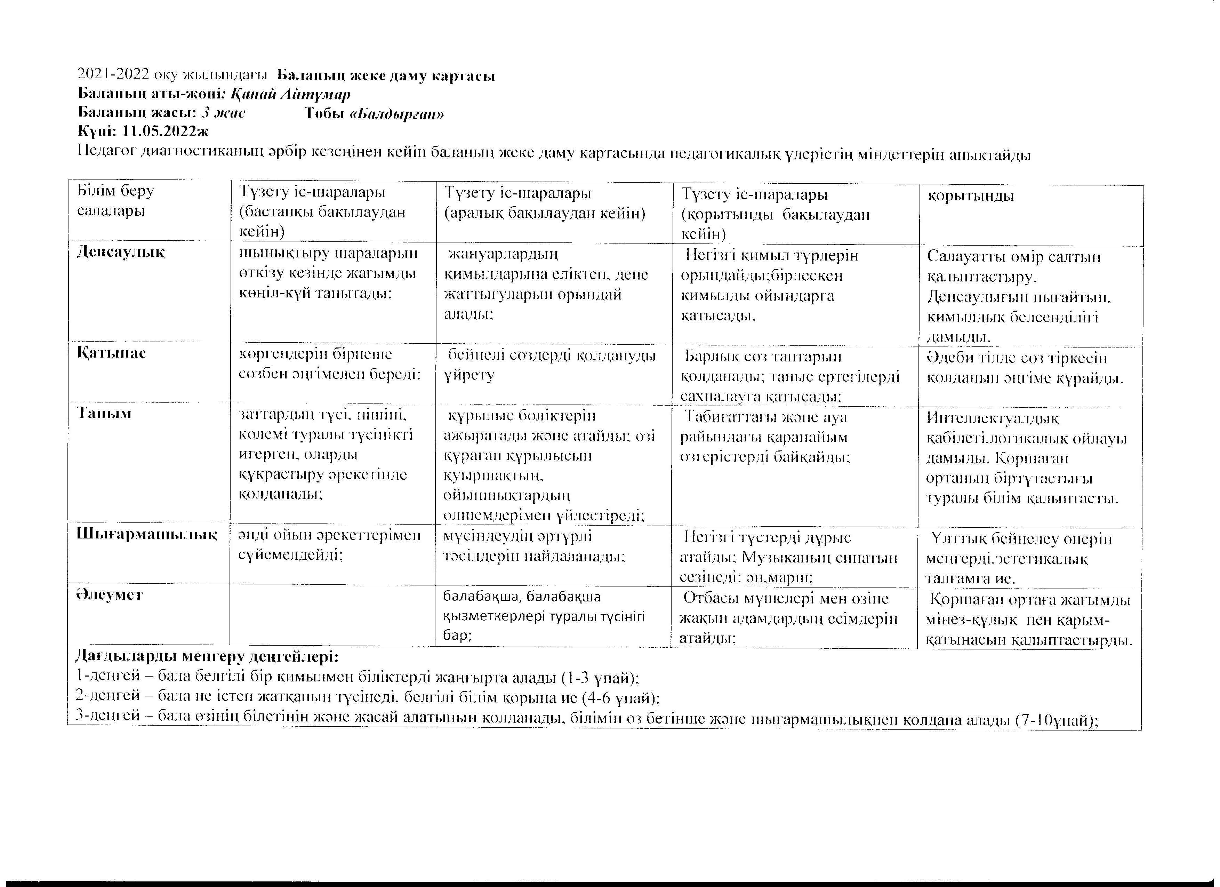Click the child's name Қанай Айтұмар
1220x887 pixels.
point(290,95)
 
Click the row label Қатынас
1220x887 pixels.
point(111,353)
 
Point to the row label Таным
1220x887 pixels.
point(104,414)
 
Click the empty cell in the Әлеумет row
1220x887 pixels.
point(332,615)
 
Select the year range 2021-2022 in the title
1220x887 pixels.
point(113,75)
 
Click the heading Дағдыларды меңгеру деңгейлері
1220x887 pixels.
point(207,657)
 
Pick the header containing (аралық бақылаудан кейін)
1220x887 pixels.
point(544,203)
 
